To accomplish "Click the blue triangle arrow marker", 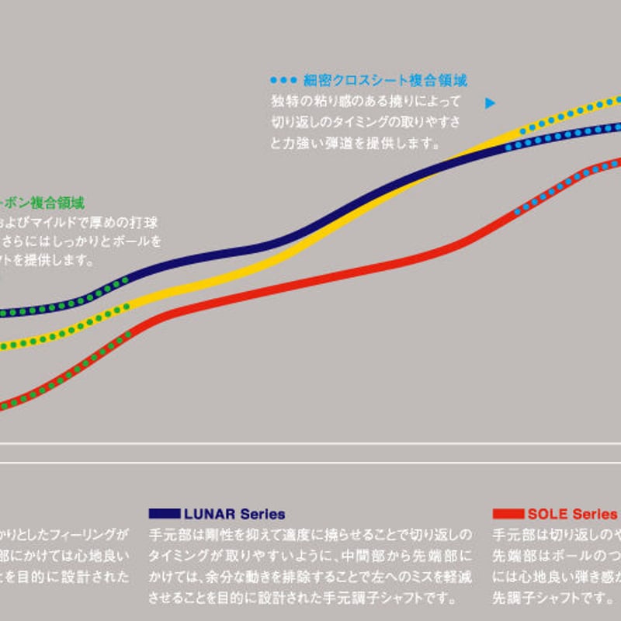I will [x=490, y=102].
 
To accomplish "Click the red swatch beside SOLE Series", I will [x=508, y=514].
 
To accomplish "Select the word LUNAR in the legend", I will [x=204, y=514].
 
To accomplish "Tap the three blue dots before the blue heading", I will [x=283, y=80].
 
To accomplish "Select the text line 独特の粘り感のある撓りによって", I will [x=366, y=101].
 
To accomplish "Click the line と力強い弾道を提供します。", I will [x=354, y=143].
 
